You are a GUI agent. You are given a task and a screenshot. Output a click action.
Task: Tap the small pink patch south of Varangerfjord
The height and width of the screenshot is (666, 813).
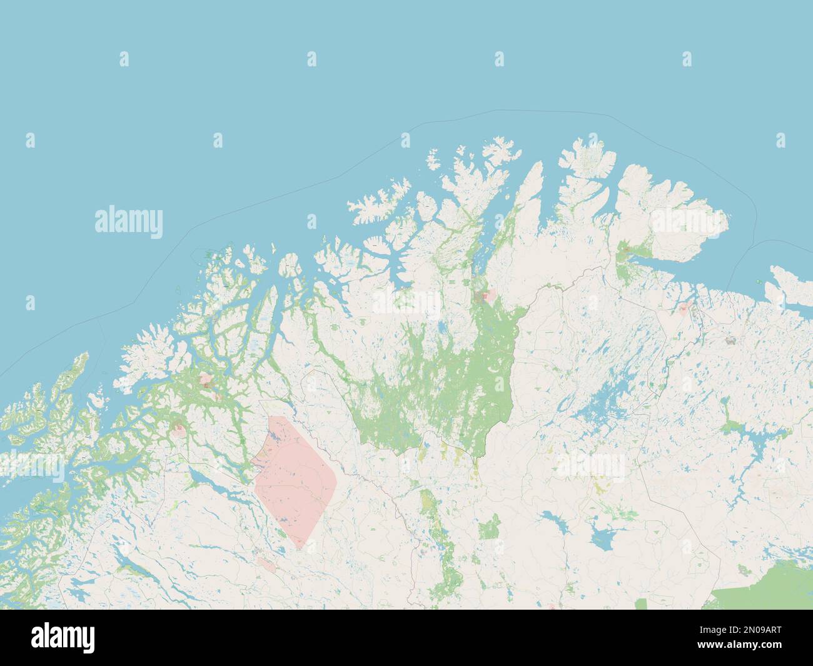[x=686, y=308]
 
